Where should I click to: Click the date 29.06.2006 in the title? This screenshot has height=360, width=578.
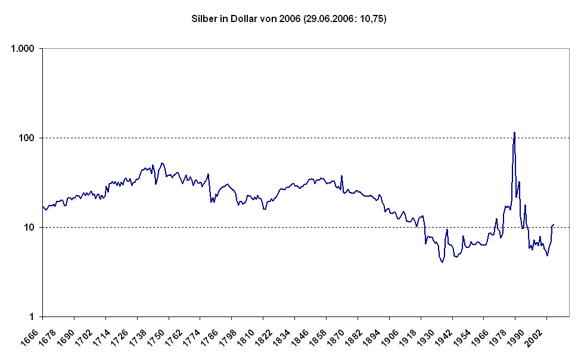(327, 19)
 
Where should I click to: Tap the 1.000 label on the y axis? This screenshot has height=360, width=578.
(24, 48)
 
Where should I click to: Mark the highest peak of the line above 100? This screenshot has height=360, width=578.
(514, 132)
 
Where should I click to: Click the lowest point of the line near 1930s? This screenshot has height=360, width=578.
(442, 262)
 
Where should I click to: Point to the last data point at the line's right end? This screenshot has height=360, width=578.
(554, 225)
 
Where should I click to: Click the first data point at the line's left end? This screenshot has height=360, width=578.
(43, 206)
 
